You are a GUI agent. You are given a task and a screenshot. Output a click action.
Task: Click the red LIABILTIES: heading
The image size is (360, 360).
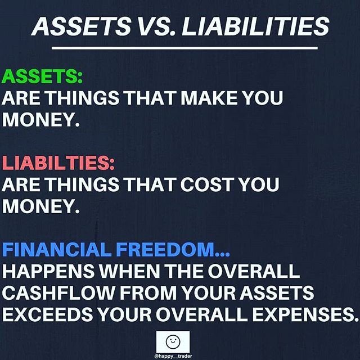point(58,163)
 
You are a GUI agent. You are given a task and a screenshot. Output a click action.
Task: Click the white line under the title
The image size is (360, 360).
point(181,48)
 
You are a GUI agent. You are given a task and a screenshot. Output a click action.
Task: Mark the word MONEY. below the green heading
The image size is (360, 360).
point(39,120)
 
